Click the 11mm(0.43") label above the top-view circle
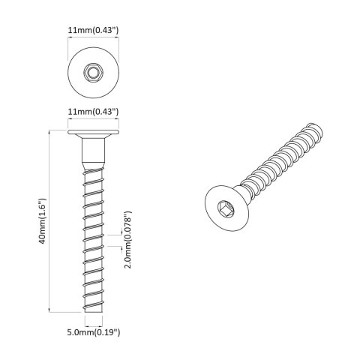point(93,30)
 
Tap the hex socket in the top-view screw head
point(94,73)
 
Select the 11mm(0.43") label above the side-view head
point(93,112)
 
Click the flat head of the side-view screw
point(94,133)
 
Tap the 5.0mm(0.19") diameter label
point(94,331)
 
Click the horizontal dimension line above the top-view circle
point(94,40)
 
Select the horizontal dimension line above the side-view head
point(94,121)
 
